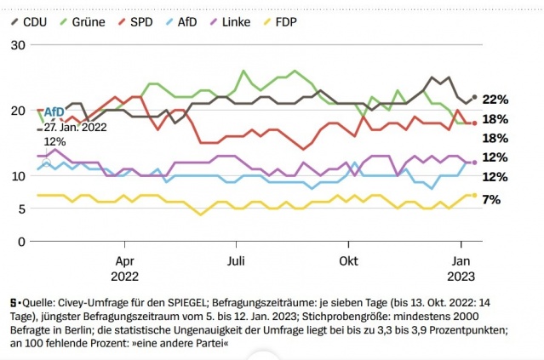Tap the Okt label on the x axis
tap(346, 260)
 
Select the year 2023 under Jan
tap(461, 275)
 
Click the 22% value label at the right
tap(495, 100)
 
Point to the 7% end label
tap(491, 199)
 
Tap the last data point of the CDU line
tap(474, 98)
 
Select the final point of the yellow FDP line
tap(474, 195)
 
